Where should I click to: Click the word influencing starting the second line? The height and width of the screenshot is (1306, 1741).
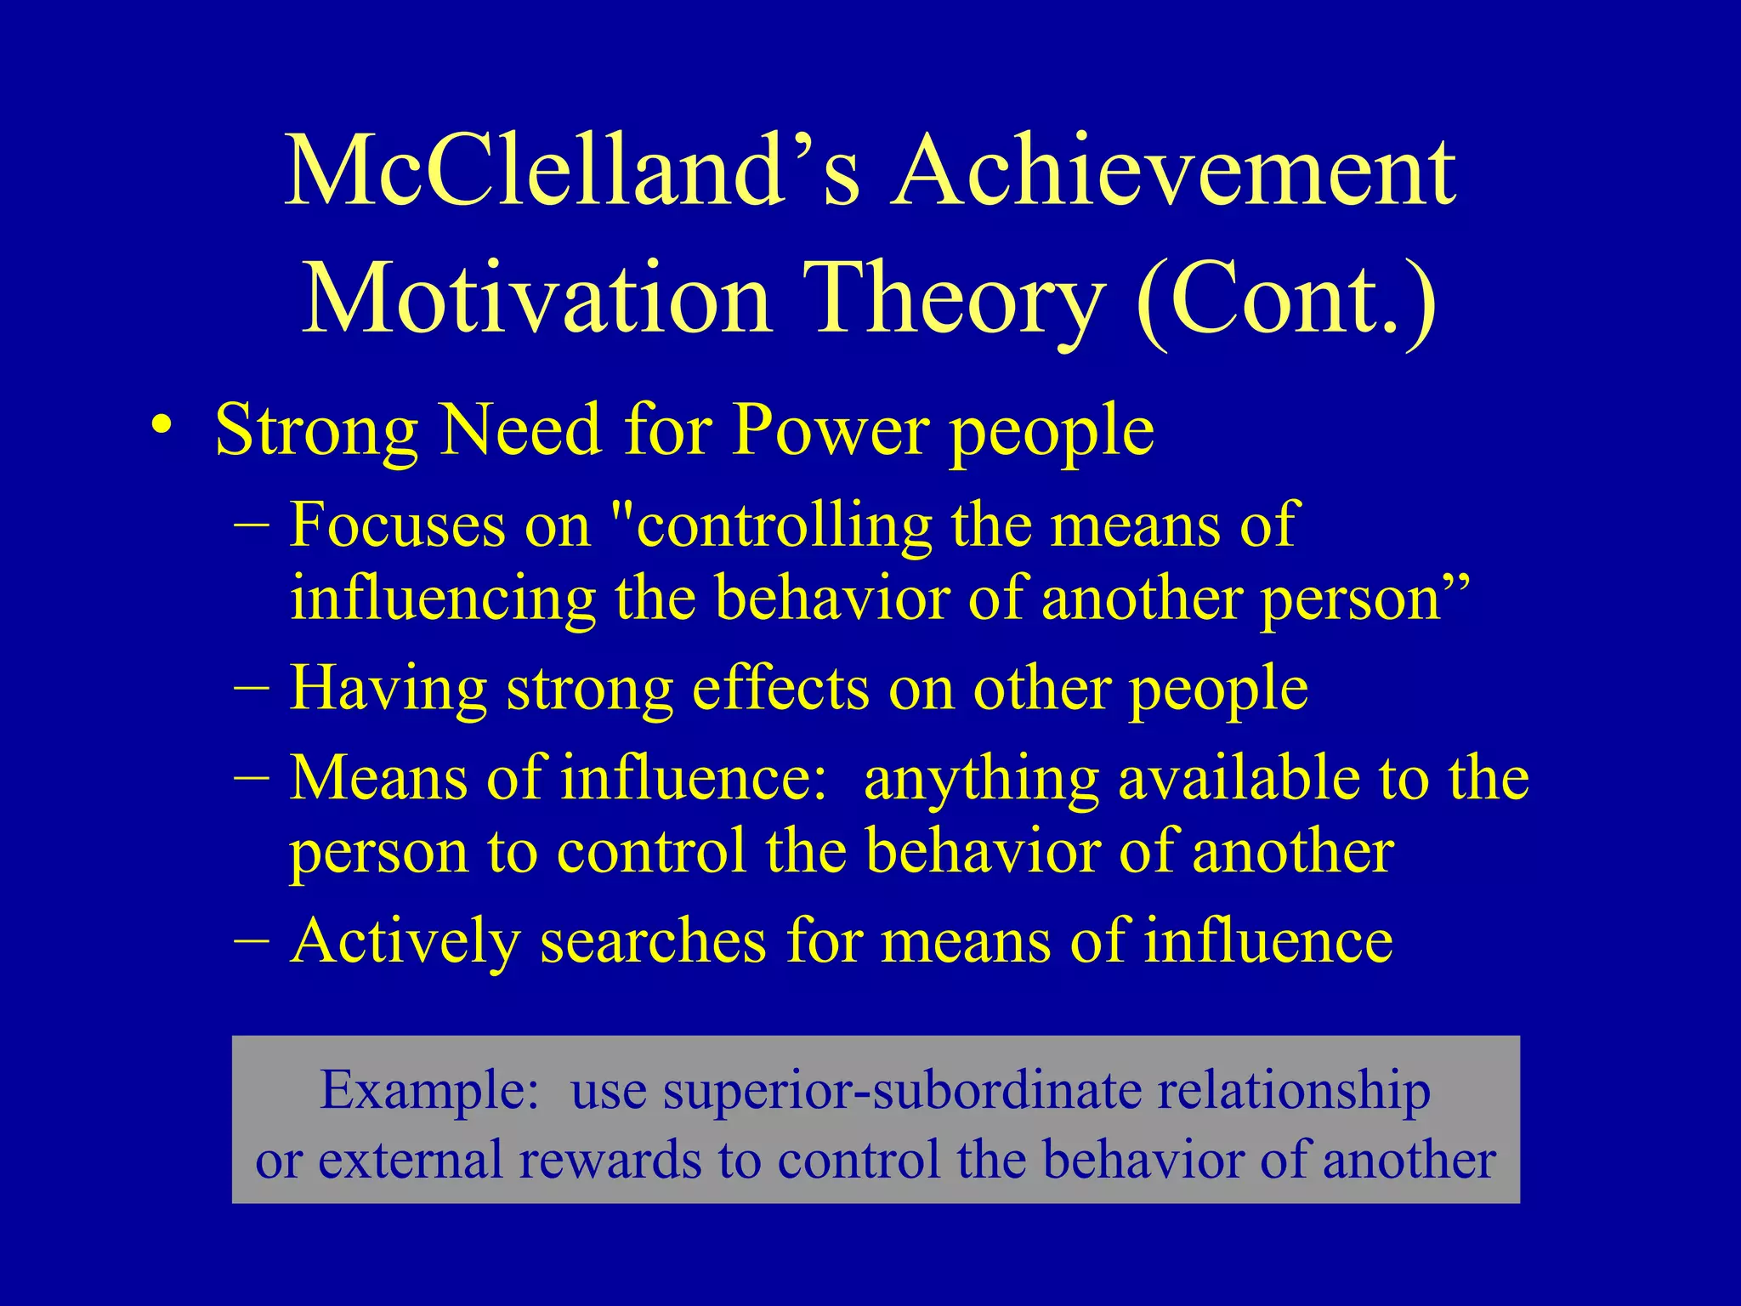pyautogui.click(x=442, y=598)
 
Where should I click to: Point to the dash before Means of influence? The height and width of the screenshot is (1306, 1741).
pyautogui.click(x=252, y=775)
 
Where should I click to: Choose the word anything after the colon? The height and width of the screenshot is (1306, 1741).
pyautogui.click(x=981, y=779)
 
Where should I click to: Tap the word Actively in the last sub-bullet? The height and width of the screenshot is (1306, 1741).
pyautogui.click(x=405, y=941)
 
